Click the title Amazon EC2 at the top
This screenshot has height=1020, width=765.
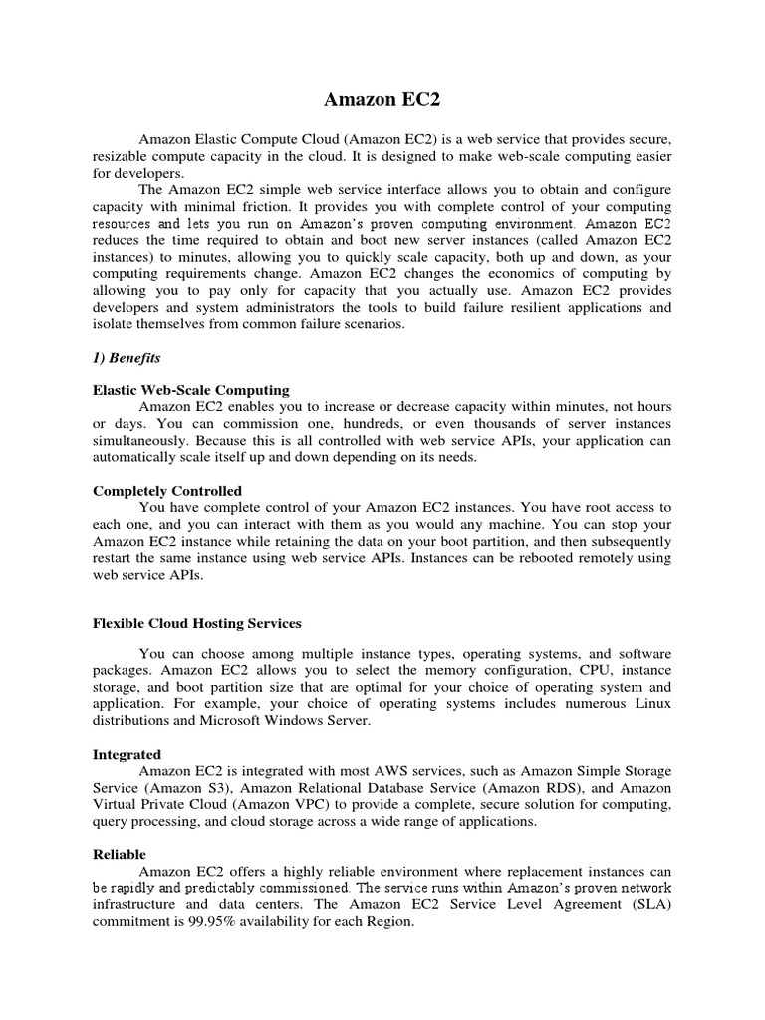pos(382,100)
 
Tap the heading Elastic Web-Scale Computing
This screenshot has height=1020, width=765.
pos(191,390)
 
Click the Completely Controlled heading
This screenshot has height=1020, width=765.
pos(167,491)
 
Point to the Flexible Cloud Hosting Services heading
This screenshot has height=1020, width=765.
pos(197,623)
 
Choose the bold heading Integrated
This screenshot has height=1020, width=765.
pos(127,755)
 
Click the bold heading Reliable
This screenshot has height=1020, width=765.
pos(120,854)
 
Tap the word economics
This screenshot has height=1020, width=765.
pos(495,272)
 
